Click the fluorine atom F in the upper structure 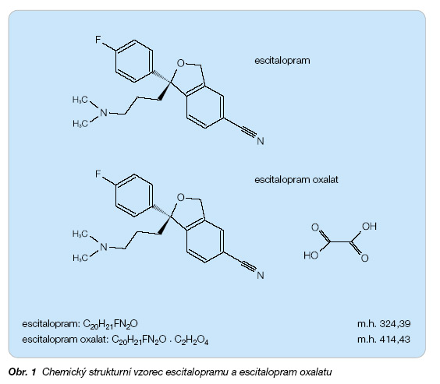tap(98, 40)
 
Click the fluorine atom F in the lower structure tap(98, 174)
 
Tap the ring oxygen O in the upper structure tap(181, 63)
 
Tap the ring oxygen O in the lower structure tap(181, 198)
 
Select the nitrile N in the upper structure tap(261, 141)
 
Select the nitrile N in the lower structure tap(261, 275)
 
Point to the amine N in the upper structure tap(104, 113)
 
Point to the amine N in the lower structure tap(104, 247)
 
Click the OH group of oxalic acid tap(369, 227)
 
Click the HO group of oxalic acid tap(311, 255)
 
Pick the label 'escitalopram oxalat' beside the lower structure tap(296, 179)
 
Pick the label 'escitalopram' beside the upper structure tap(282, 61)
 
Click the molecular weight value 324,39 tap(395, 324)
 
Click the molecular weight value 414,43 tap(395, 340)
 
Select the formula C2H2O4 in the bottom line tap(191, 340)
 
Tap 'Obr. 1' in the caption tap(23, 372)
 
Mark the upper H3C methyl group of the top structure tap(80, 100)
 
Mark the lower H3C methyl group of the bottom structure tap(80, 258)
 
